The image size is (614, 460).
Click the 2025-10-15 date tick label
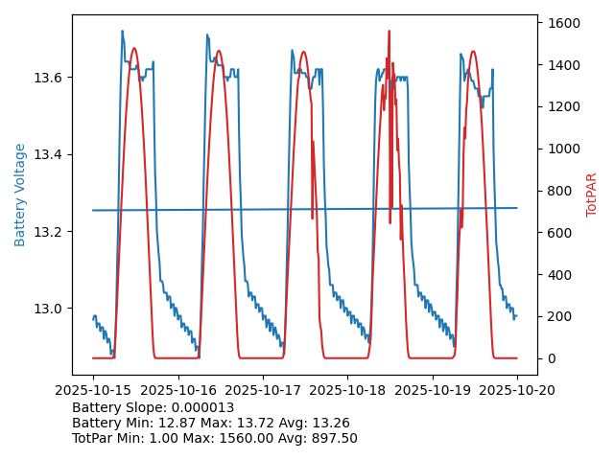(x=93, y=391)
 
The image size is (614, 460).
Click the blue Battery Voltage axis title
(x=20, y=195)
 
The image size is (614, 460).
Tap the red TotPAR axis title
(x=592, y=195)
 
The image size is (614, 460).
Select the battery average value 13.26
(x=330, y=423)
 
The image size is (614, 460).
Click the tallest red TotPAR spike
(x=389, y=33)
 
